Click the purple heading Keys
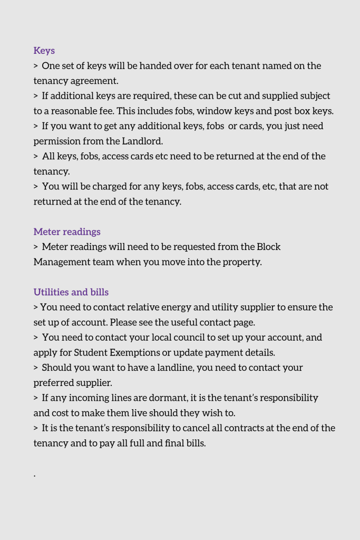[44, 51]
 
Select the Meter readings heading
[67, 232]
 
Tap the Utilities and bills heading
[71, 292]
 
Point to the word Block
[269, 247]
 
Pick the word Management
[60, 262]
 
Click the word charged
[98, 187]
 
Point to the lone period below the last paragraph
[35, 476]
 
